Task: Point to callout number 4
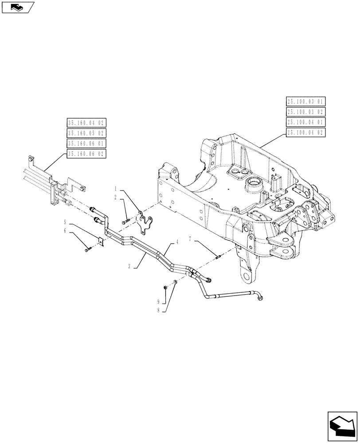pyautogui.click(x=177, y=242)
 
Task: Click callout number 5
pyautogui.click(x=65, y=221)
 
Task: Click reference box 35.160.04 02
pyautogui.click(x=87, y=123)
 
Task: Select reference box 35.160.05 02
pyautogui.click(x=87, y=133)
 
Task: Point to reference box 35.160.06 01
pyautogui.click(x=87, y=144)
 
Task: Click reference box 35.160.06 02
pyautogui.click(x=87, y=154)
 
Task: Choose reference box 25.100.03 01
pyautogui.click(x=306, y=101)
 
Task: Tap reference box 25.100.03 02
pyautogui.click(x=306, y=112)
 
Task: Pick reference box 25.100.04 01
pyautogui.click(x=306, y=122)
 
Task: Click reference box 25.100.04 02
pyautogui.click(x=306, y=132)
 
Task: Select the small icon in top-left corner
pyautogui.click(x=18, y=7)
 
